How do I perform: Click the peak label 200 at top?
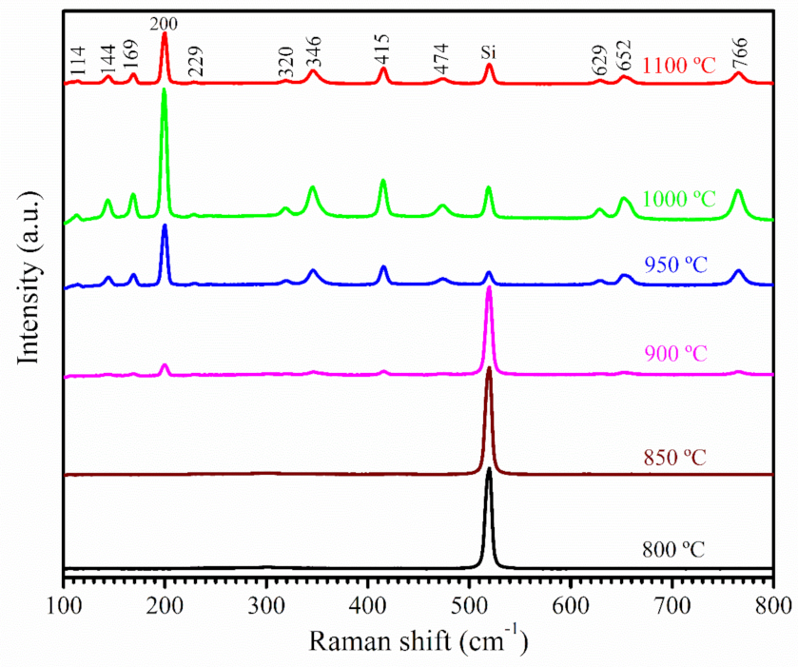pos(165,21)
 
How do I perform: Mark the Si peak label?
pos(489,52)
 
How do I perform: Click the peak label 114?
pos(79,67)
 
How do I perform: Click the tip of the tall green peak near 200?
pos(165,90)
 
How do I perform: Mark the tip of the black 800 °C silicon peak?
pos(489,468)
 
